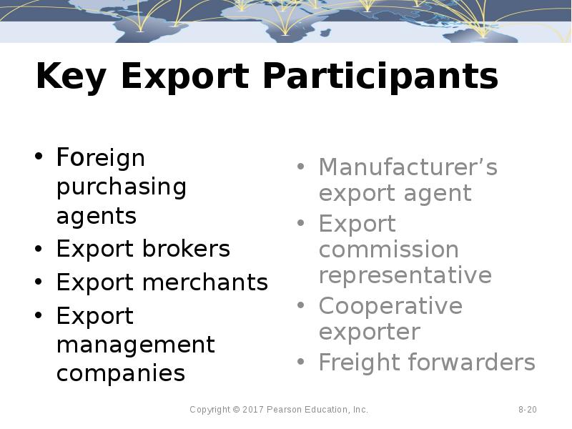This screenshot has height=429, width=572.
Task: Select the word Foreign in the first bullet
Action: point(100,157)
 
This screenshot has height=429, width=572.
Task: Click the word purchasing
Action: point(121,187)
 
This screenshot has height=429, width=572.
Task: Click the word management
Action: point(135,345)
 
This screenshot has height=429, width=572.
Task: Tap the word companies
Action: point(120,373)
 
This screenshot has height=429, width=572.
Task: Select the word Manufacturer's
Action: point(408,167)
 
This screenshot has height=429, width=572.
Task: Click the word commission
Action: point(388,250)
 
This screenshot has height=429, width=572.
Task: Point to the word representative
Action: point(405,275)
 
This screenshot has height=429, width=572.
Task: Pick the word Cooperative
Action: point(390,306)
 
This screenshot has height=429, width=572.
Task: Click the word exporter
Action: point(369,332)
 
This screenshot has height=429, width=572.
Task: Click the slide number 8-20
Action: point(528,410)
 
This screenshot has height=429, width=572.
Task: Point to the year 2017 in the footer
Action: point(254,410)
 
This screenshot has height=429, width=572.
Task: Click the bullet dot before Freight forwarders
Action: point(301,363)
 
